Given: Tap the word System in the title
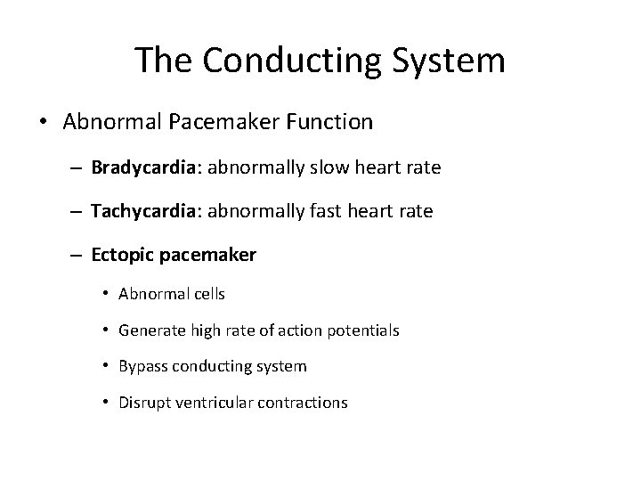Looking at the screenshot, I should click(x=459, y=61).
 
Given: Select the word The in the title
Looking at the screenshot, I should click(x=165, y=61).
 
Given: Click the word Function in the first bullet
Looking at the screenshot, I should click(x=332, y=121).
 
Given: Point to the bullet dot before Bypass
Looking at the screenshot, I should click(x=106, y=366).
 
